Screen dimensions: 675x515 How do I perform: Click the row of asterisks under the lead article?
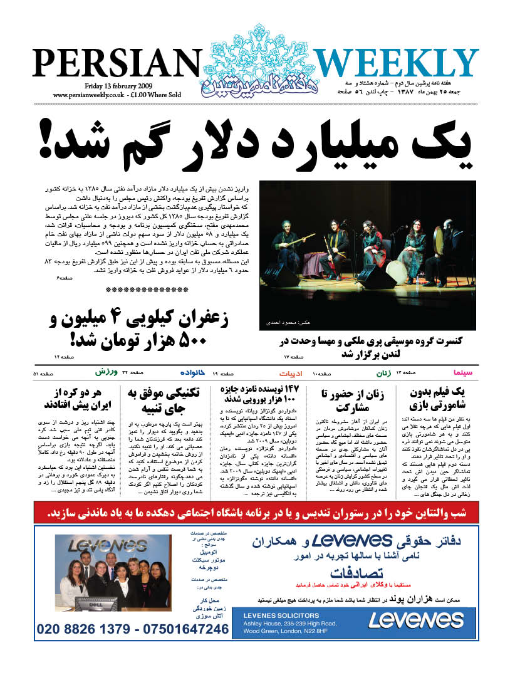[147, 290]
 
